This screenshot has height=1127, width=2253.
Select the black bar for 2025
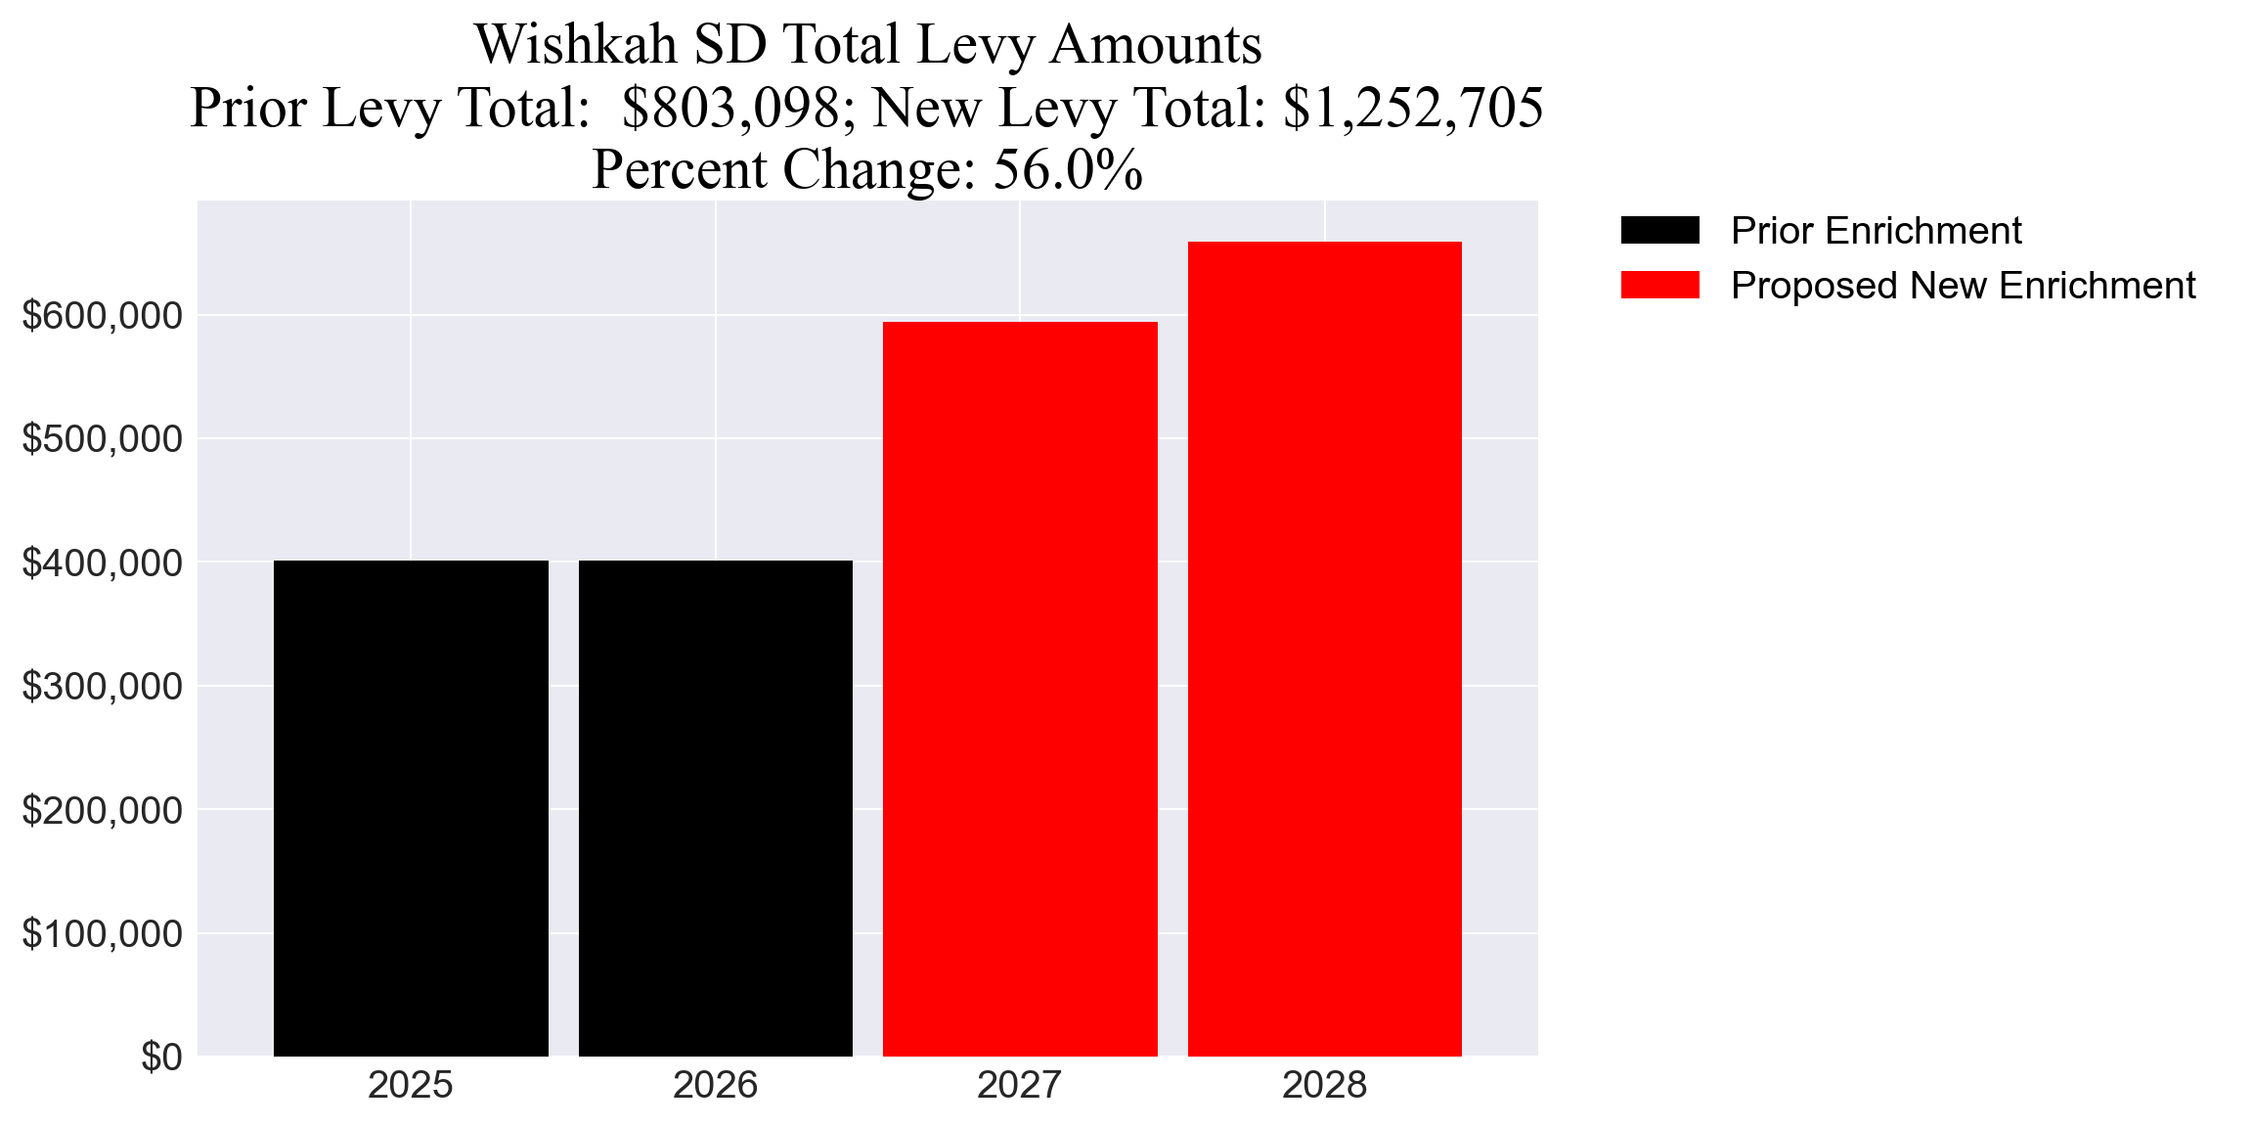click(411, 808)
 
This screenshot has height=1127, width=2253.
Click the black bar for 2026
click(715, 808)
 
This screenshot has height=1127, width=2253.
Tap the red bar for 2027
click(1020, 689)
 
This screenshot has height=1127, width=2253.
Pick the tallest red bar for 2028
click(1324, 649)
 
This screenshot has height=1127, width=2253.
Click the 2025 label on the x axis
click(411, 1085)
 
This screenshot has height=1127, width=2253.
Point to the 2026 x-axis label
click(715, 1085)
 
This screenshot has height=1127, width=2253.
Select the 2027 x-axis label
click(1020, 1085)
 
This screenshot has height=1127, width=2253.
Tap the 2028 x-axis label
click(1324, 1085)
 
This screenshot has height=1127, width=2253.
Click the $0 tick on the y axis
click(161, 1058)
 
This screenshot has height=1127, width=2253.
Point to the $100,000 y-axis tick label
click(103, 934)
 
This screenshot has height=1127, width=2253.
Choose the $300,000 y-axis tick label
click(103, 687)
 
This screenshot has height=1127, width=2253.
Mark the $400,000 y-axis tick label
click(103, 563)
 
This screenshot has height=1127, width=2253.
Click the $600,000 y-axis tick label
click(103, 316)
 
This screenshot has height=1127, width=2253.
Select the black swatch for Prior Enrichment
click(1659, 231)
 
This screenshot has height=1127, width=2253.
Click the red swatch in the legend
click(1659, 286)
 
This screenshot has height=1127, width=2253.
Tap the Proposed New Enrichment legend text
click(1963, 286)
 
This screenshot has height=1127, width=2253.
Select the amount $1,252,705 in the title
click(1413, 108)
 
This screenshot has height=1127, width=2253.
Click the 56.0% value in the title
click(1068, 170)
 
